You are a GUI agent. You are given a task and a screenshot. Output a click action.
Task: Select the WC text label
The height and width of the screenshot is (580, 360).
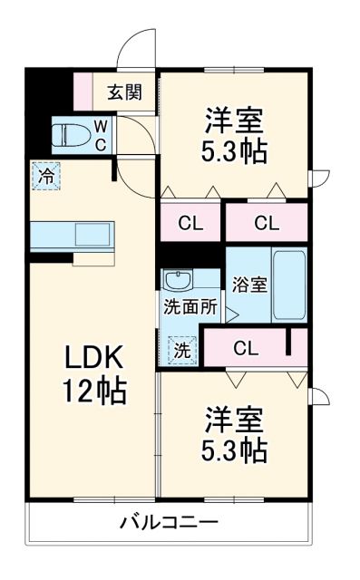tap(101, 134)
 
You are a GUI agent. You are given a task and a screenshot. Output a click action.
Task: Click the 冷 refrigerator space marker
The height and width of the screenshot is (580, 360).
tap(44, 176)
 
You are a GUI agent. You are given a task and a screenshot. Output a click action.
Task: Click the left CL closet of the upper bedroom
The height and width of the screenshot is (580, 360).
tap(190, 222)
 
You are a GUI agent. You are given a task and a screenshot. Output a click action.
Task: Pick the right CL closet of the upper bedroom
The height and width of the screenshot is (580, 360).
tap(265, 222)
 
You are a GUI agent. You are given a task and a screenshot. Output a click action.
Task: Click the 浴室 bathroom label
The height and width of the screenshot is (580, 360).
tap(248, 284)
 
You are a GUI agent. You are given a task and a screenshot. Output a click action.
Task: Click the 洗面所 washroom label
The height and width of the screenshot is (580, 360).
tap(190, 307)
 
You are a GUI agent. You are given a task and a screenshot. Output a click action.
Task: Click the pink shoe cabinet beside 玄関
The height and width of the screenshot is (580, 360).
tap(83, 91)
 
